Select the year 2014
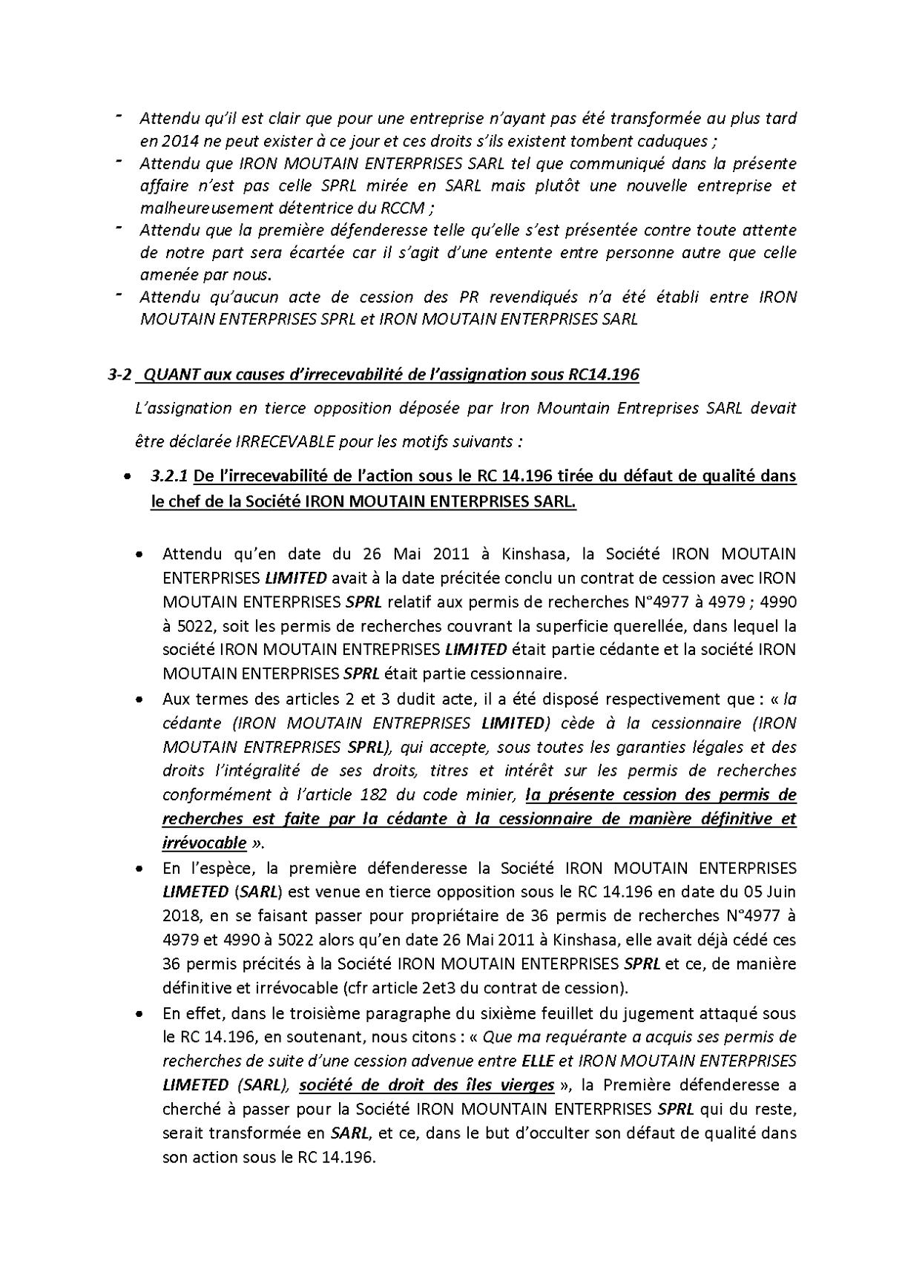click(173, 140)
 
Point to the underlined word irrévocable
click(204, 843)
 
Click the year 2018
click(179, 915)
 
